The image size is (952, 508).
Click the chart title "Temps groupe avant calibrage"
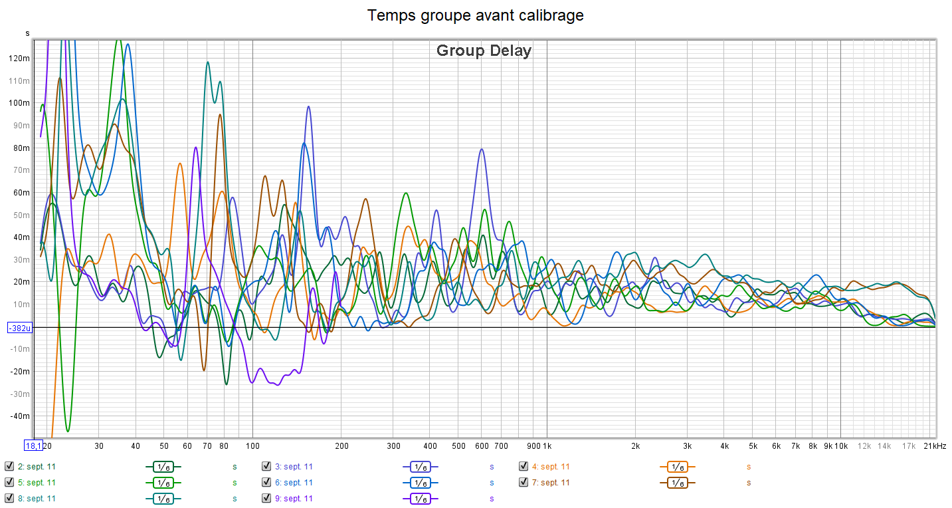tap(476, 15)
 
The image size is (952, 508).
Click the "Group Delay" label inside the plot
tap(484, 51)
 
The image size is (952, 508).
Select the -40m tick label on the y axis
tap(19, 416)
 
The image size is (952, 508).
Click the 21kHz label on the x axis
tap(935, 445)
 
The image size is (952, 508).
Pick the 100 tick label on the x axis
tap(252, 445)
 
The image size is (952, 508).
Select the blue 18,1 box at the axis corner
tap(33, 445)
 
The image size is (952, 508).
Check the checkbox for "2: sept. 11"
tap(9, 466)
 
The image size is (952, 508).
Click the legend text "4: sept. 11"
tap(551, 467)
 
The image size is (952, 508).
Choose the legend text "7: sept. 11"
tap(551, 483)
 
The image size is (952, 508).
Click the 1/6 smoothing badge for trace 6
tap(420, 483)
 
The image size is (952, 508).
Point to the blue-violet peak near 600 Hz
tap(481, 150)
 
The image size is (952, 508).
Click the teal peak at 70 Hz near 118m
tap(208, 63)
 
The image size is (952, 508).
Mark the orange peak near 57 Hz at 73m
tap(180, 163)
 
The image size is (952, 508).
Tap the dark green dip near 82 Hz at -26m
tap(226, 384)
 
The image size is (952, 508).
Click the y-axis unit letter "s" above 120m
tap(27, 33)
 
